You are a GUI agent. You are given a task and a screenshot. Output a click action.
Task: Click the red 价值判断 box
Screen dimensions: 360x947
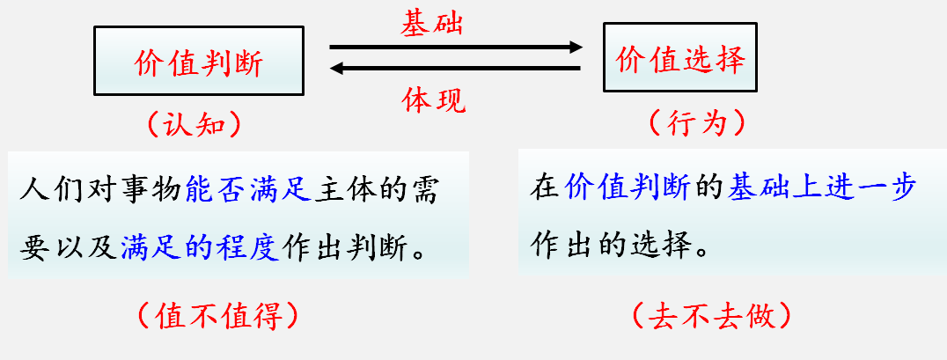[199, 60]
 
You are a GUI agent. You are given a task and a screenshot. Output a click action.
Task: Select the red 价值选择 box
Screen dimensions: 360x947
[680, 58]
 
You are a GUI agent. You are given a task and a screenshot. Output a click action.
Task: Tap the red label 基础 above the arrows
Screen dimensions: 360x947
[431, 24]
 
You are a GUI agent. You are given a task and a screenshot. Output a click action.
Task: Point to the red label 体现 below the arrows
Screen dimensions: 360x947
[434, 99]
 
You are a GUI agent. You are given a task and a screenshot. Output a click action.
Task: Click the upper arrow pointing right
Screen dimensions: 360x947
[455, 47]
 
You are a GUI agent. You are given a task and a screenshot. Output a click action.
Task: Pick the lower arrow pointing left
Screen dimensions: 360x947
[455, 69]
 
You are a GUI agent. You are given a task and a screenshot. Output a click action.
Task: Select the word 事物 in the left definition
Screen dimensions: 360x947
[146, 188]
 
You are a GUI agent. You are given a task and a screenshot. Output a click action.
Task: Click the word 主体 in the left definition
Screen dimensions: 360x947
[349, 188]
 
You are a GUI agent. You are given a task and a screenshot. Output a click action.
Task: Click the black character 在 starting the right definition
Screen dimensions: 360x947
[544, 187]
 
